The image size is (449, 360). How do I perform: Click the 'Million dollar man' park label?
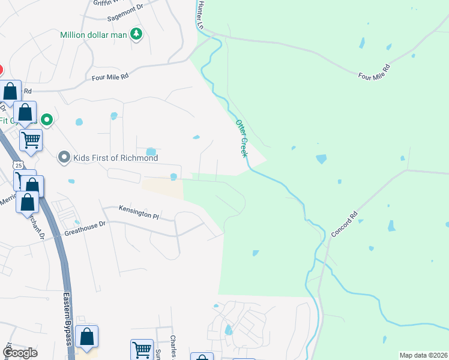point(94,35)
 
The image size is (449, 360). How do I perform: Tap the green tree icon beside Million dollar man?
point(137,34)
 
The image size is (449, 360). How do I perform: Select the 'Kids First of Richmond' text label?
point(115,158)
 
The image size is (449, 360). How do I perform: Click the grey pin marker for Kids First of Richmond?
point(64,158)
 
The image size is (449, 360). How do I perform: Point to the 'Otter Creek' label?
point(242,138)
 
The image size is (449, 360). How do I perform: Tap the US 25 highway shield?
point(19,165)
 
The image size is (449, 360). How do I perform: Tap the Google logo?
point(20,353)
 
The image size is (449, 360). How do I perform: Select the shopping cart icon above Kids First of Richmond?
point(31,140)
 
